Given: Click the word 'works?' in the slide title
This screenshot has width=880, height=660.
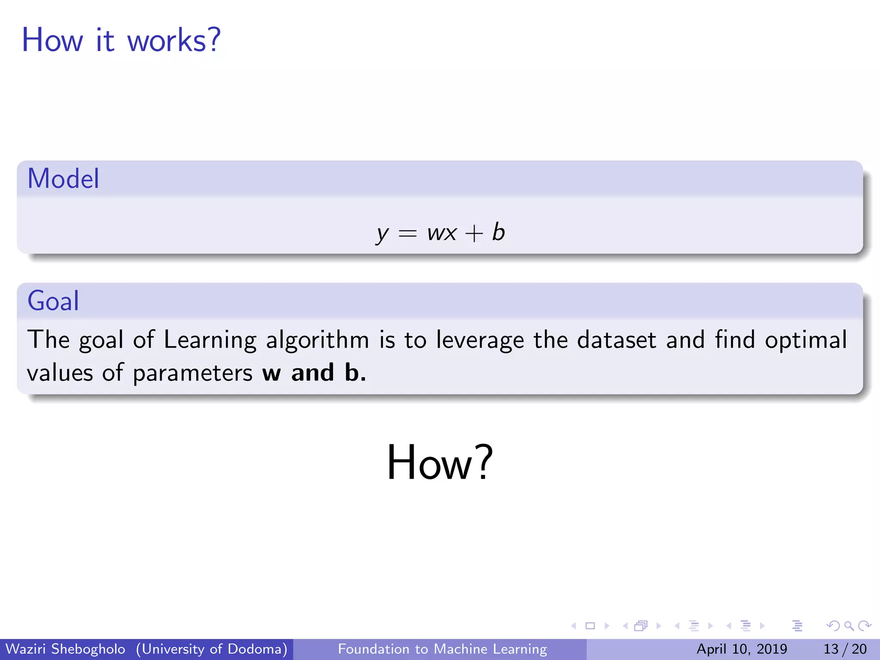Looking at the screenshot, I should pos(174,40).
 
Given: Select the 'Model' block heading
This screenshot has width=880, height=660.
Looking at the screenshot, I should pos(63,178).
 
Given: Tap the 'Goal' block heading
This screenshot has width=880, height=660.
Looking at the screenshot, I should pos(53,300).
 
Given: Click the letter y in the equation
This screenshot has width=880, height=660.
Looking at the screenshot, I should pos(382,234).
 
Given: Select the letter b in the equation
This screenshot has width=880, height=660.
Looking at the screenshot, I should pos(498,232).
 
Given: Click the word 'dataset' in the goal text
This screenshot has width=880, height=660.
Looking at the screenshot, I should pos(617,339).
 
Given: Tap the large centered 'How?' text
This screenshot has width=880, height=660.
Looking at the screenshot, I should pos(440,462).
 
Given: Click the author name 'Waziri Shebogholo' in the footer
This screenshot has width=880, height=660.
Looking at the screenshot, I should pos(65,649).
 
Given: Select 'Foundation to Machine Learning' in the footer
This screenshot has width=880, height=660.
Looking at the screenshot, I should pos(442,649).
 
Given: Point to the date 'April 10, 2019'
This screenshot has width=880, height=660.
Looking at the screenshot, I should pos(742,649).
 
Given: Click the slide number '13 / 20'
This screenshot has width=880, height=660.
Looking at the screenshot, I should pos(845,649).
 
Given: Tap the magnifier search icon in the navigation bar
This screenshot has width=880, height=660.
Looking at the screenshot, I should pos(849,626).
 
